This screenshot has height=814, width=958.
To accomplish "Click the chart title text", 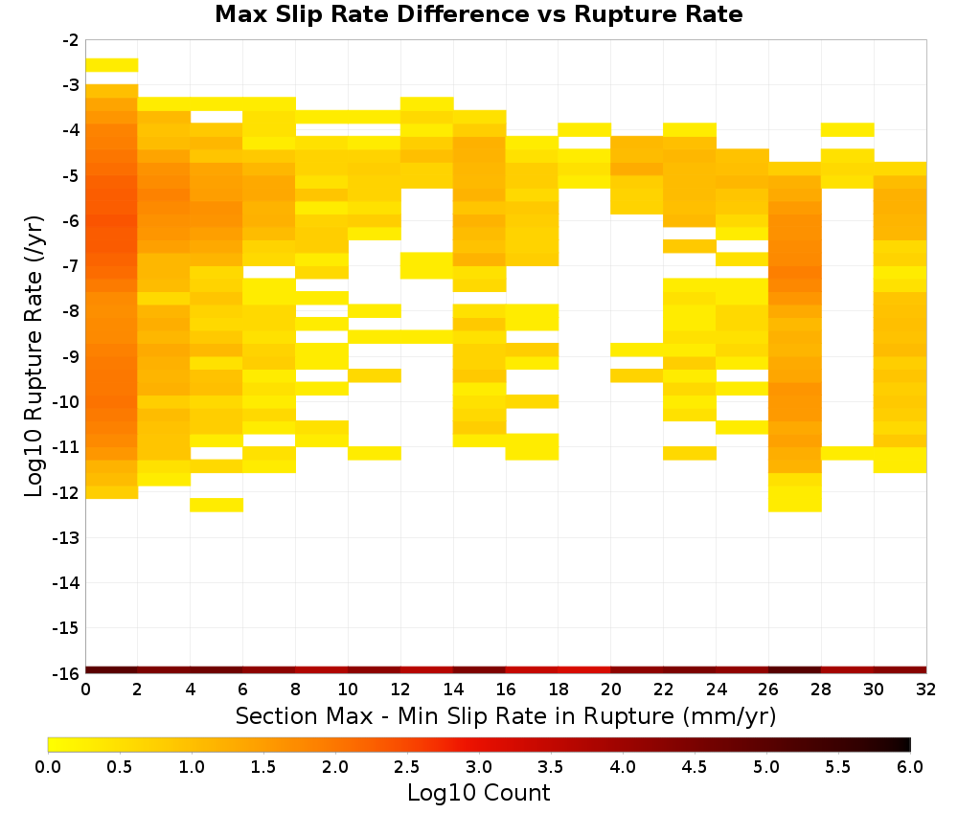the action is [478, 14].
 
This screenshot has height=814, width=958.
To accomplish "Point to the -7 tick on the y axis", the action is [71, 266].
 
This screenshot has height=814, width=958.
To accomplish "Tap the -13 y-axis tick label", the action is [67, 538].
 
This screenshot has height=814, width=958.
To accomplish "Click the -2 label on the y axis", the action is [71, 40].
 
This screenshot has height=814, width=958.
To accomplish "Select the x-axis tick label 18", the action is [559, 690].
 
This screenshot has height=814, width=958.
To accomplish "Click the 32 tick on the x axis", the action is [926, 690].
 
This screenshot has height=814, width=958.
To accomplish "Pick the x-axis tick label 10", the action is [348, 690].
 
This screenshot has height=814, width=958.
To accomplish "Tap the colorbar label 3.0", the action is [478, 766].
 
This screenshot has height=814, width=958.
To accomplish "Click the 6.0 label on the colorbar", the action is [910, 766].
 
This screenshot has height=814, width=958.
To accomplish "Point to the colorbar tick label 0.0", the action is [48, 766].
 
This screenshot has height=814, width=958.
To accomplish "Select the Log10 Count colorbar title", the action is [478, 793].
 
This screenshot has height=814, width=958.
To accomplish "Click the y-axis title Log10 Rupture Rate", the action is [34, 356].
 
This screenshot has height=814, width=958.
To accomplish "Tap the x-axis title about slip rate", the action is [506, 715].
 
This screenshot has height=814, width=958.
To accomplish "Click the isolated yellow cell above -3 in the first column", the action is [112, 65].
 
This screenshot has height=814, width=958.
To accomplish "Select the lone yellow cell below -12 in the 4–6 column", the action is [217, 505].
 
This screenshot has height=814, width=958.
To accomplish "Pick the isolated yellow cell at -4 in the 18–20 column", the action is [584, 129].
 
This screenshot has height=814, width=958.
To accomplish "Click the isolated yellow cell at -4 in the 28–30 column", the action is [848, 129].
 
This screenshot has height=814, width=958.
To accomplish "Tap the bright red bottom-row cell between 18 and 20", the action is [584, 670].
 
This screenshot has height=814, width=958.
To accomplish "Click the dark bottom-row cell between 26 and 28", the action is [795, 670].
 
